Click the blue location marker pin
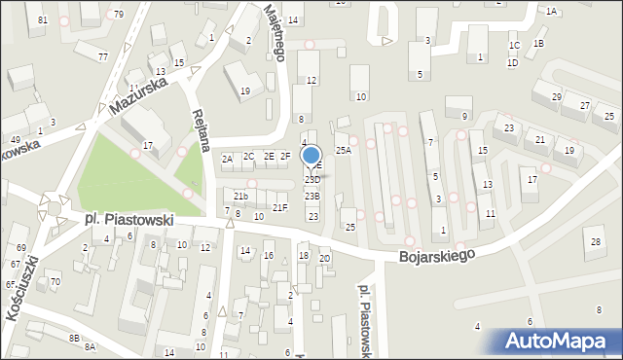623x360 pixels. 311,156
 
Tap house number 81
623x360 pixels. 41,20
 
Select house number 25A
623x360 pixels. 344,151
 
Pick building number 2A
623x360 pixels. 226,159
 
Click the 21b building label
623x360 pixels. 240,197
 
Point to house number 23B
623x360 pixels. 311,197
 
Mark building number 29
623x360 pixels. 557,97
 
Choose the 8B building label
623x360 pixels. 74,338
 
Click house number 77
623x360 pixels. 102,57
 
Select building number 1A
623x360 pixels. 551,12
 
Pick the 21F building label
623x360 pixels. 280,207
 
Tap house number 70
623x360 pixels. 55,282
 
